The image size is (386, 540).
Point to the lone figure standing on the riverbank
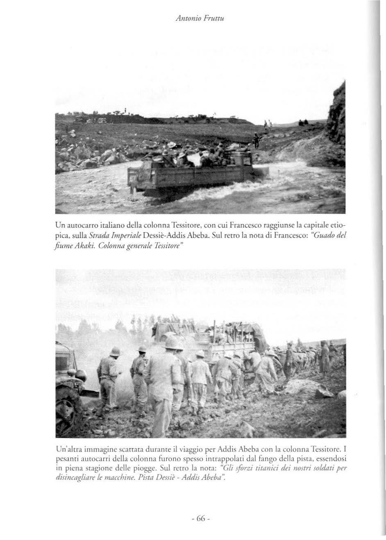click(256, 141)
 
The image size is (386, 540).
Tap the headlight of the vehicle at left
click(81, 374)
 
